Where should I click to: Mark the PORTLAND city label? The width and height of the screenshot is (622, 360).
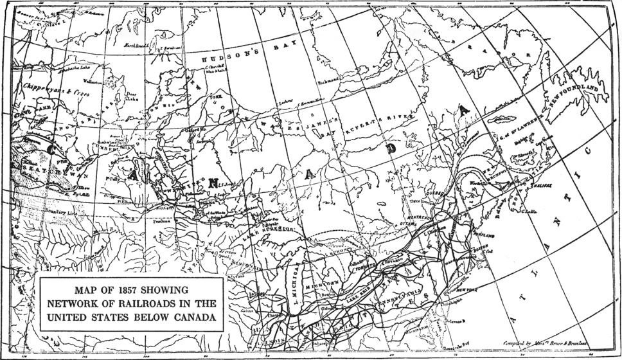(484, 236)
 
